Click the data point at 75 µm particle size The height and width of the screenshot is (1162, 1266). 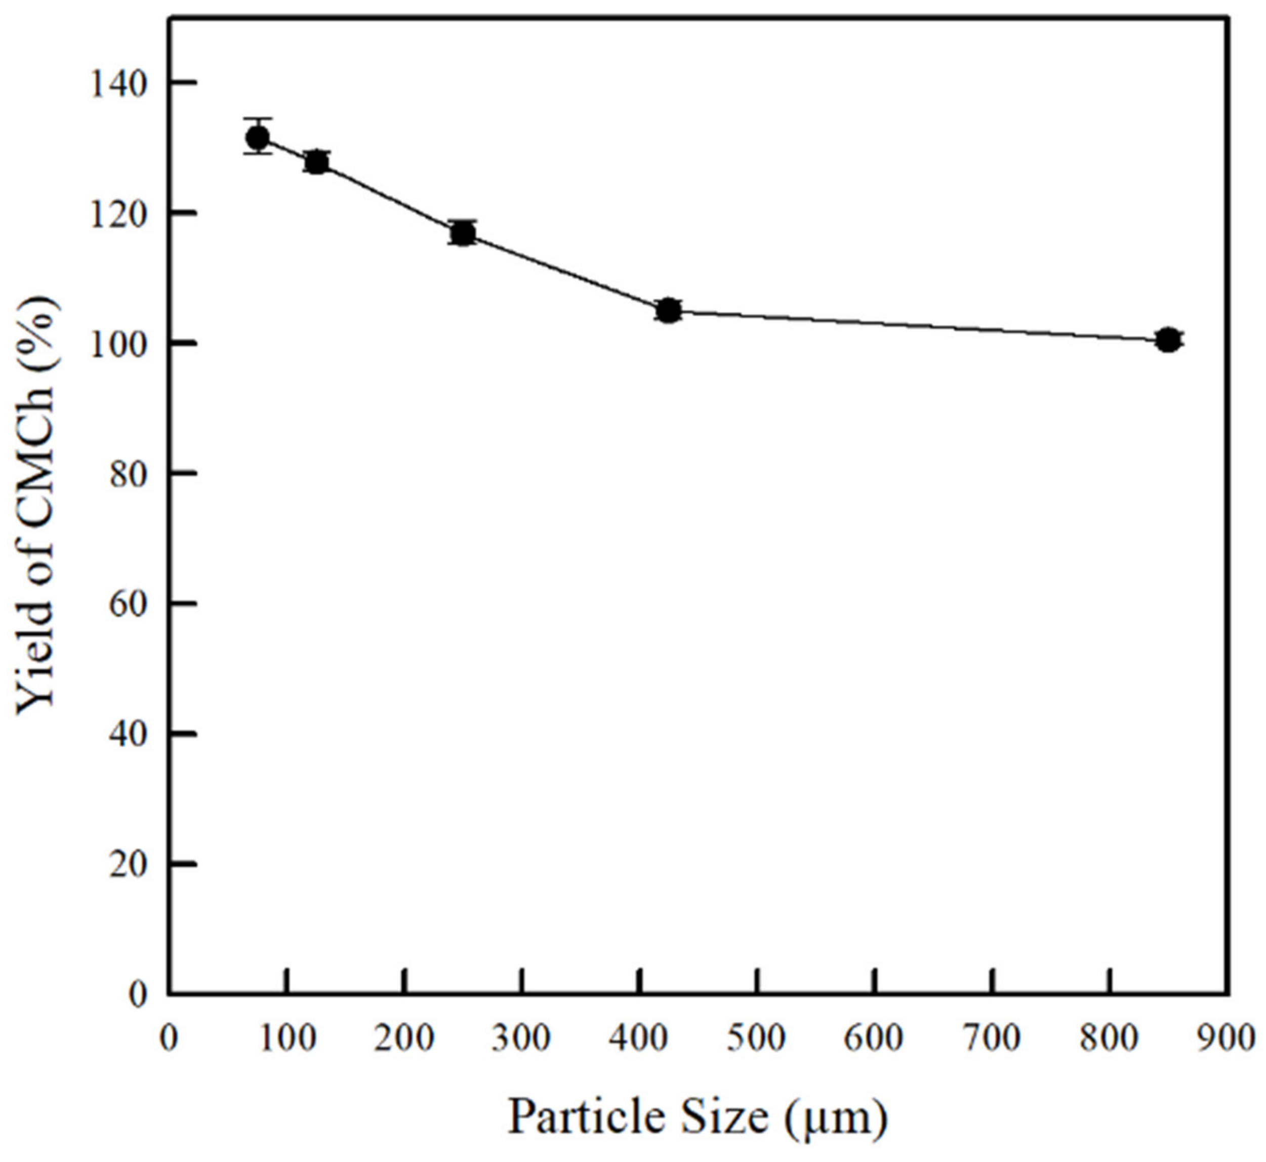[x=258, y=137]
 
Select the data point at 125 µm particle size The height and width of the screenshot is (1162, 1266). [x=317, y=162]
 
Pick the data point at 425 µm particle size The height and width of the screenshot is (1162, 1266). [x=669, y=310]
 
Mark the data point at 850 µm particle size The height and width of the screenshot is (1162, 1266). [x=1168, y=340]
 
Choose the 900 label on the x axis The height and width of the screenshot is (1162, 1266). [x=1227, y=1038]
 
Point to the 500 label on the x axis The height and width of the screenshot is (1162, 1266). [x=757, y=1038]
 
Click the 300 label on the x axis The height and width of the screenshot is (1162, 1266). [x=521, y=1038]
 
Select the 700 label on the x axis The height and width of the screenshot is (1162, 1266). [x=992, y=1038]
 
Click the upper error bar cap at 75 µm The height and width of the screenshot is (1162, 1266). [x=258, y=118]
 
